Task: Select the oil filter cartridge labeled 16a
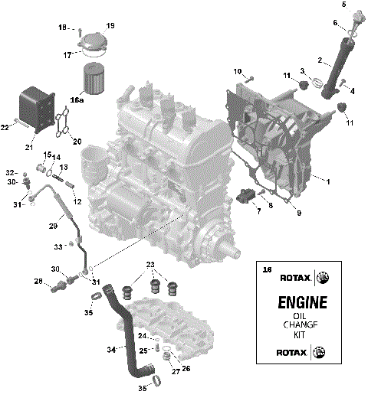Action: pos(97,77)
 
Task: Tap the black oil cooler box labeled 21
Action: pos(34,108)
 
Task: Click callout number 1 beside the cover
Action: pos(329,181)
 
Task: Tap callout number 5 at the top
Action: pos(344,5)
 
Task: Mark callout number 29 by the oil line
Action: pos(53,227)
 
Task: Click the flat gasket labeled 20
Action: pos(64,122)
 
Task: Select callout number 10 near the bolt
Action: pos(237,71)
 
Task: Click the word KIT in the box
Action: pos(296,334)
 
